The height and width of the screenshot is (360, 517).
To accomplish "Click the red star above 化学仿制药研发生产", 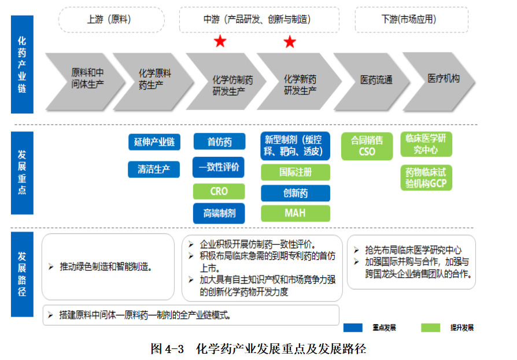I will pyautogui.click(x=220, y=41).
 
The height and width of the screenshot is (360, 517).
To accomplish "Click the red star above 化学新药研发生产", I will pyautogui.click(x=290, y=42).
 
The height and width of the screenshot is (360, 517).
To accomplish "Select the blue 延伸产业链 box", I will pyautogui.click(x=154, y=142).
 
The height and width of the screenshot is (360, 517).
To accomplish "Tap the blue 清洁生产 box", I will pyautogui.click(x=154, y=169).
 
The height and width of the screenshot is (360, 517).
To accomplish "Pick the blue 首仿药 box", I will pyautogui.click(x=219, y=142).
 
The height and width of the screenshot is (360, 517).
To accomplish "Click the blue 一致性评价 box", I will pyautogui.click(x=219, y=167).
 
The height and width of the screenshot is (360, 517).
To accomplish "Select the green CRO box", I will pyautogui.click(x=219, y=191).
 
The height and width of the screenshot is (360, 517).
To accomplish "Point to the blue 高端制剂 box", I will pyautogui.click(x=219, y=213).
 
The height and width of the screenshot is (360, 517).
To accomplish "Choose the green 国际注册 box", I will pyautogui.click(x=296, y=172).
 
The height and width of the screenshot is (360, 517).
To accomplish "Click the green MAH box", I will pyautogui.click(x=296, y=213).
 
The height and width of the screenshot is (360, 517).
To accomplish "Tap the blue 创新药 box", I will pyautogui.click(x=296, y=193).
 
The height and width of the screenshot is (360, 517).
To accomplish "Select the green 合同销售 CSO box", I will pyautogui.click(x=367, y=146).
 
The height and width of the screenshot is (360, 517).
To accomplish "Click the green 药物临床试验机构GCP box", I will pyautogui.click(x=426, y=178).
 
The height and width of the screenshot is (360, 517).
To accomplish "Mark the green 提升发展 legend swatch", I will pyautogui.click(x=430, y=328).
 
